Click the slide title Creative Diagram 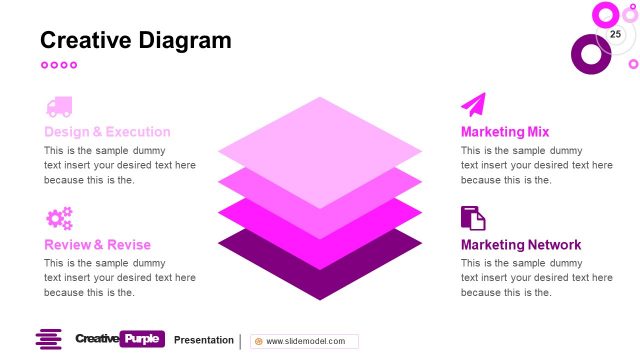tap(135, 40)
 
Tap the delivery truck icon tap(58, 107)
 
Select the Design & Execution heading tap(107, 132)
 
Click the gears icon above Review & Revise tap(59, 219)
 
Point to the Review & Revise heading tap(97, 245)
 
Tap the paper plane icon tap(473, 105)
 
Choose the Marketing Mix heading tap(505, 132)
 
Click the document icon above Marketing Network tap(473, 218)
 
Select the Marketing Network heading tap(521, 245)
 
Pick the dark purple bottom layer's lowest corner tap(320, 296)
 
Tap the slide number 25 tap(615, 35)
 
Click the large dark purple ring tap(590, 54)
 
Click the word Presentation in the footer tap(204, 340)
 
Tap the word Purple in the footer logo tap(141, 340)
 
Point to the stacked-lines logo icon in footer tap(49, 340)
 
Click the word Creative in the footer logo tap(96, 340)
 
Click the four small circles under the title tap(58, 65)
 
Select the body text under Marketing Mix tap(536, 165)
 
